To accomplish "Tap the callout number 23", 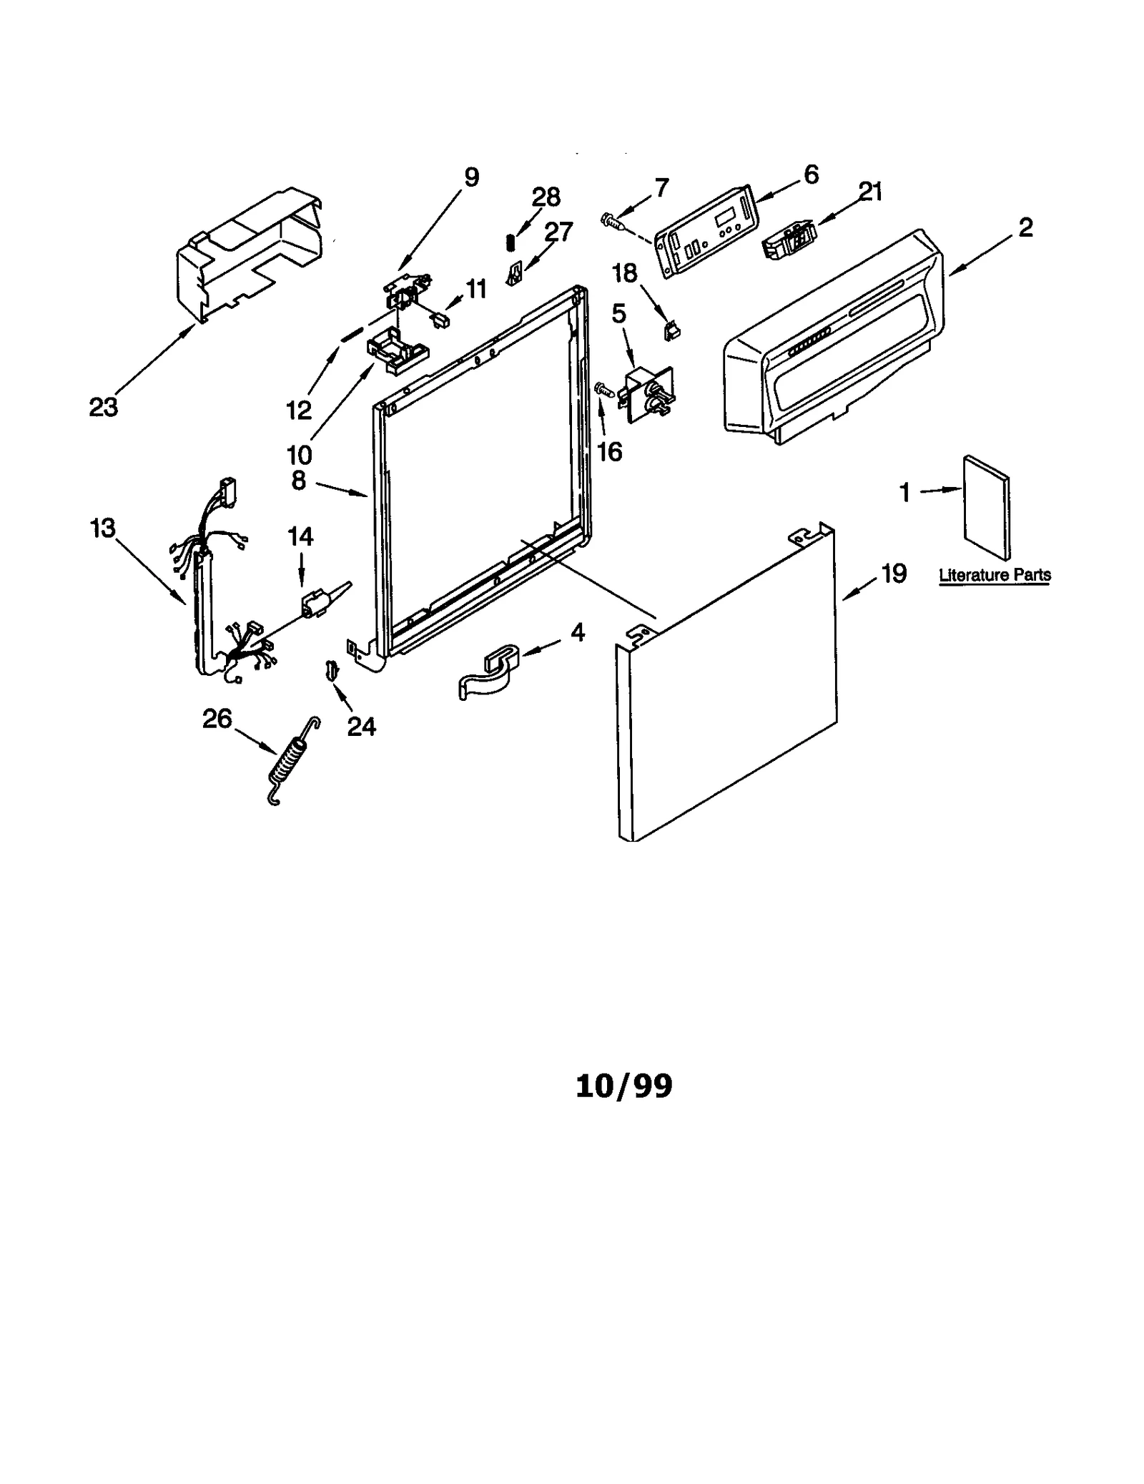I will coord(103,408).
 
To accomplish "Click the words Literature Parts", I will coord(995,575).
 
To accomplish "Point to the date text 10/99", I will coord(623,1085).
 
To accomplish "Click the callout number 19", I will coord(894,573).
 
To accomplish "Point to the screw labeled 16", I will coord(603,389).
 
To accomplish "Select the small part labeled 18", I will coord(671,330).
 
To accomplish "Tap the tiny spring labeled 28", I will coord(511,243).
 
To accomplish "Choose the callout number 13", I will coord(103,529).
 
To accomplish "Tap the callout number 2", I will coord(1025,227).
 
